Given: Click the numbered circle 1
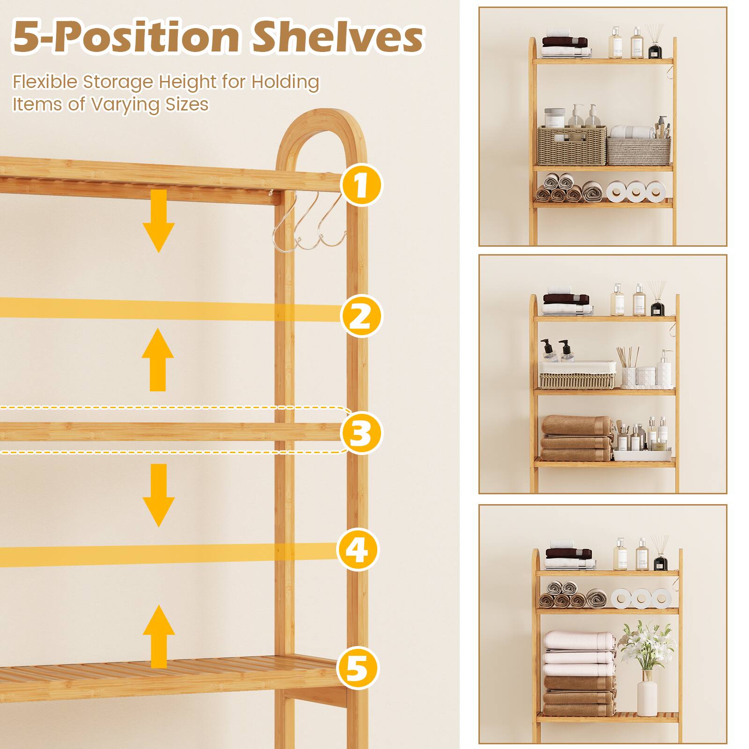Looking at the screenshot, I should click(360, 186).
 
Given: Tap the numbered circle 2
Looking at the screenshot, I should click(360, 316).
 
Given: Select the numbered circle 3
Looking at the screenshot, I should click(360, 433).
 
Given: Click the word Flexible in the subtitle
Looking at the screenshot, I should click(45, 82).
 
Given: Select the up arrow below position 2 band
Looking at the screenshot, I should click(158, 360).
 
